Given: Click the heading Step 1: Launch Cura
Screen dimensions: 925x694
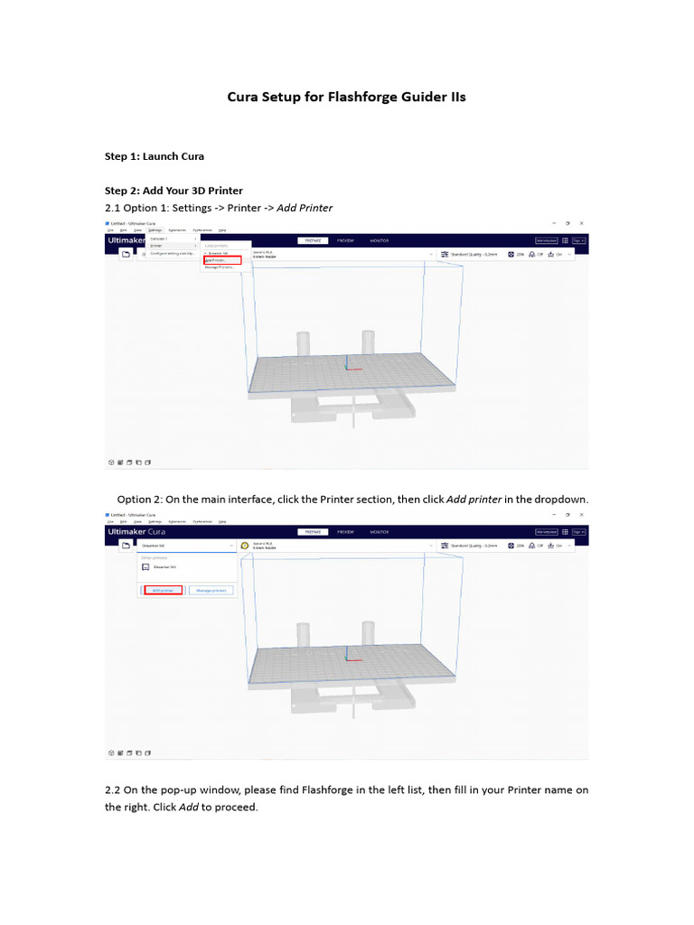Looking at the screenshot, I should tap(154, 156).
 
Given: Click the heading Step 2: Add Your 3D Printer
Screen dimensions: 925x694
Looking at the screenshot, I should tap(173, 191).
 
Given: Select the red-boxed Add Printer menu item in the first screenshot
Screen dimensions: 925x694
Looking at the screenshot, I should tap(221, 260).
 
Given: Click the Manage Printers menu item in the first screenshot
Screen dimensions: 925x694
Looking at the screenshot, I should tap(220, 267).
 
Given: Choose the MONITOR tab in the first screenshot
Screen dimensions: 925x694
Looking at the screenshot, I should tap(379, 241).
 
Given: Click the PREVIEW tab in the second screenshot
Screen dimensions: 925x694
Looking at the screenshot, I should tap(345, 532).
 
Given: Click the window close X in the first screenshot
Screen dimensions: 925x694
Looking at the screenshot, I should tap(582, 222).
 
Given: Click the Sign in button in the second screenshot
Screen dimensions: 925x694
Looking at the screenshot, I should tap(578, 532).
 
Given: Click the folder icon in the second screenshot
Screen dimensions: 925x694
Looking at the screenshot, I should tap(127, 546).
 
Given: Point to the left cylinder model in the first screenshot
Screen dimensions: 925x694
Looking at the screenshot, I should tap(304, 344).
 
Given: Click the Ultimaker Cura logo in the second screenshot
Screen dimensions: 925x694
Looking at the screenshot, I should tap(136, 532).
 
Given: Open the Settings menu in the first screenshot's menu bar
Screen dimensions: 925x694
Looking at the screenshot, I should tap(155, 230).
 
